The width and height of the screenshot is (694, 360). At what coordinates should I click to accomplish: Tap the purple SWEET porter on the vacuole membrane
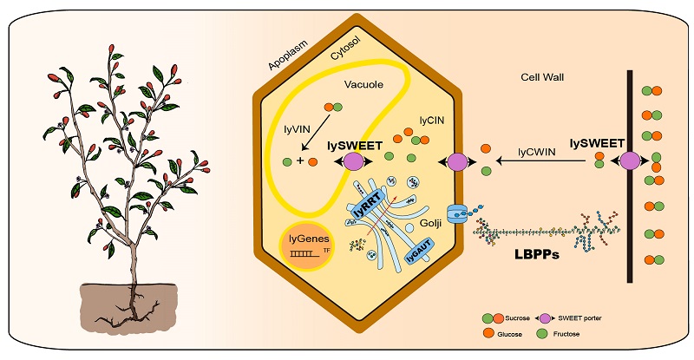click(354, 161)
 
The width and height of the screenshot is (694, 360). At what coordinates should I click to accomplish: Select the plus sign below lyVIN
click(300, 160)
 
